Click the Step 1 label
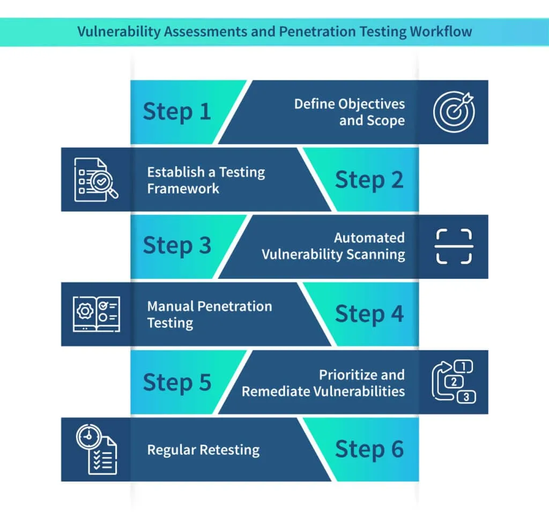point(177,112)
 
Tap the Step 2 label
point(369,180)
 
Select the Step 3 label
point(177,246)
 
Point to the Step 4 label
point(369,314)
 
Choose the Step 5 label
point(177,382)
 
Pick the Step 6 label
point(369,449)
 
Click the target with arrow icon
point(454,112)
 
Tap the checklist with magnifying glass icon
point(95,179)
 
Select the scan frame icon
point(454,246)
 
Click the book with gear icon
point(96,314)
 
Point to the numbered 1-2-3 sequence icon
point(454,382)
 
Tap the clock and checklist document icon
point(96,449)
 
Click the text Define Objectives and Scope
point(350,112)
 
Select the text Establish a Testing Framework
point(206,180)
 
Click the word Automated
point(369,238)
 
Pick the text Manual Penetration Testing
point(209,314)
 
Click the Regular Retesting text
point(203,449)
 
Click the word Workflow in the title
point(441,31)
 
